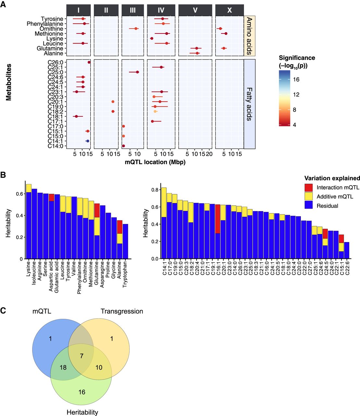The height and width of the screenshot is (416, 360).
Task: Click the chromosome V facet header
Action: point(195,10)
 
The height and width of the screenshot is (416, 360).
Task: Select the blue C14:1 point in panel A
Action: point(87,141)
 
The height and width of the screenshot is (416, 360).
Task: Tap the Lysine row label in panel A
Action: point(55,39)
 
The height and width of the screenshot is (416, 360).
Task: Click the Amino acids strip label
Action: point(249,36)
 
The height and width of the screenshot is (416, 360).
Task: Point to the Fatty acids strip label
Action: point(249,104)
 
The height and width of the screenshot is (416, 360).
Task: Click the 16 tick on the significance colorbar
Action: point(296,79)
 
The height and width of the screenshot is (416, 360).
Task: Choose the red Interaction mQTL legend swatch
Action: point(309,188)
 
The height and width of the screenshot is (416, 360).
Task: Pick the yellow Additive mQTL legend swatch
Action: point(309,196)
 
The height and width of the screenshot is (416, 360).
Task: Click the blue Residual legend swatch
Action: point(309,205)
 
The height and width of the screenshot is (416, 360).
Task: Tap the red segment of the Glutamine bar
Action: point(97,210)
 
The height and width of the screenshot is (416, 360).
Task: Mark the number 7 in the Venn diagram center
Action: point(82,356)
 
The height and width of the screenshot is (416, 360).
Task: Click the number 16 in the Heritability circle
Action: point(82,392)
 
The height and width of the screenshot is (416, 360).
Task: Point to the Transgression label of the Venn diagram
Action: point(122,311)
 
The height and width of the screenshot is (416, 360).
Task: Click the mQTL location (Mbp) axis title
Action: point(155,162)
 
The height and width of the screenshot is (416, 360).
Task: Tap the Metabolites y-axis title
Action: point(9,82)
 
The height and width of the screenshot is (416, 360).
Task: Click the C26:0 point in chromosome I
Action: point(89,62)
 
